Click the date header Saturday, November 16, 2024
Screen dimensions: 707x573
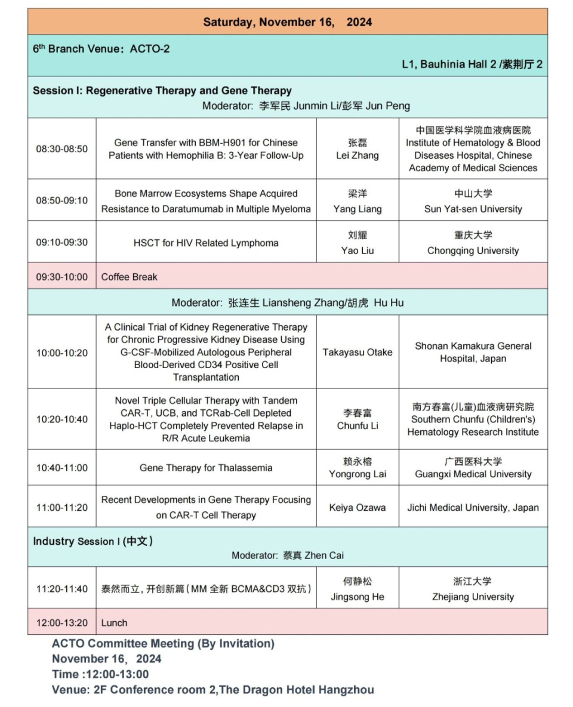(287, 22)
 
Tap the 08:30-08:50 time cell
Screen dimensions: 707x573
(61, 149)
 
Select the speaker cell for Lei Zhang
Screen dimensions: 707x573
(358, 149)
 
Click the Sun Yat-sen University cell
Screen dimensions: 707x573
(473, 201)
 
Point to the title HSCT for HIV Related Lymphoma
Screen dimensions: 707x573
(206, 243)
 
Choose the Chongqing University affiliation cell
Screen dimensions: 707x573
(473, 243)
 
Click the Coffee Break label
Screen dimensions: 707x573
(130, 277)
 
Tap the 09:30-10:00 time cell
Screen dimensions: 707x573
(61, 277)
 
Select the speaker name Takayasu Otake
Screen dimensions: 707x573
(358, 353)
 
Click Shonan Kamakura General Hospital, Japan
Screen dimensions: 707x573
(473, 353)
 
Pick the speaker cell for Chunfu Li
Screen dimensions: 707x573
(358, 419)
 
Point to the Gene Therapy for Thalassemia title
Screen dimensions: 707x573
(206, 468)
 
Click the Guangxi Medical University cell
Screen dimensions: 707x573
(473, 468)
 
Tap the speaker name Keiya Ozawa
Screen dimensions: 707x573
(358, 508)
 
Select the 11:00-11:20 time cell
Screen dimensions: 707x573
(61, 508)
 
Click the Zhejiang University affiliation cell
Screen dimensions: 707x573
(473, 589)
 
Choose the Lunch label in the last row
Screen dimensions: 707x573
(114, 623)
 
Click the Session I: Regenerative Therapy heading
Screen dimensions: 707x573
(162, 91)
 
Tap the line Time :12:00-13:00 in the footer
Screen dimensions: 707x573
(100, 674)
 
